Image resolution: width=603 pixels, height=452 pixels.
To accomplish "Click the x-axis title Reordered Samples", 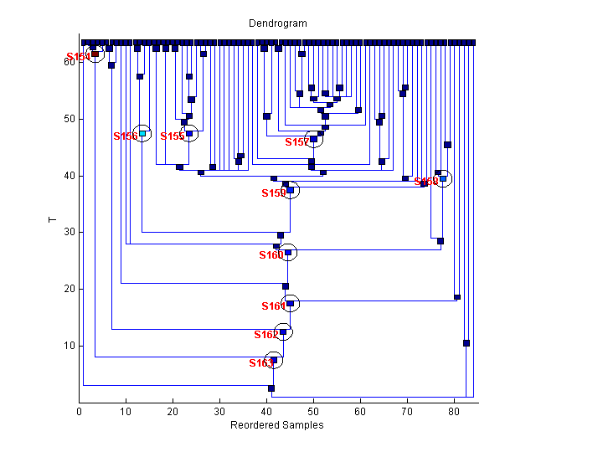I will (x=276, y=425).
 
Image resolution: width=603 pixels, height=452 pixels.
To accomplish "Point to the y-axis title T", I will (x=52, y=220).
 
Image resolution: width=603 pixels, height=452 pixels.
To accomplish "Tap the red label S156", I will (x=125, y=136).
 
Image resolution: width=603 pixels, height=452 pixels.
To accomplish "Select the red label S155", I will (x=172, y=136).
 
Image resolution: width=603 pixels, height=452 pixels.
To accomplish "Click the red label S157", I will (x=296, y=142).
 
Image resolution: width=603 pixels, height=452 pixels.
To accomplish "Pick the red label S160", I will (x=271, y=255).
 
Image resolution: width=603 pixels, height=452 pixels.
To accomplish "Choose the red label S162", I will (x=266, y=335).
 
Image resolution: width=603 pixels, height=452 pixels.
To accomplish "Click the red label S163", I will (x=260, y=363).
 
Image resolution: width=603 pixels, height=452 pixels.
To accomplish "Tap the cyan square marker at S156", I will (x=142, y=133).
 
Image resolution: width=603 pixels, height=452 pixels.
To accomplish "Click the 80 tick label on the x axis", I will (x=455, y=412).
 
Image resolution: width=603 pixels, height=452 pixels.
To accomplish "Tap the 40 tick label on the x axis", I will (x=267, y=412).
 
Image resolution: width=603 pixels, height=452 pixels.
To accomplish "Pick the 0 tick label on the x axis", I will (x=80, y=412).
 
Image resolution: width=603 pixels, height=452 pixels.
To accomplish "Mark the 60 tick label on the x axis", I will (x=361, y=412).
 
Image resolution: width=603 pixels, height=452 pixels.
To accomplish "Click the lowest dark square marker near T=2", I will (x=271, y=388).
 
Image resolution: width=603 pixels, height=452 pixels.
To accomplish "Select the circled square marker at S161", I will (x=291, y=304).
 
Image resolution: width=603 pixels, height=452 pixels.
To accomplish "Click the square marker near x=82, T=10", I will (x=466, y=343).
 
